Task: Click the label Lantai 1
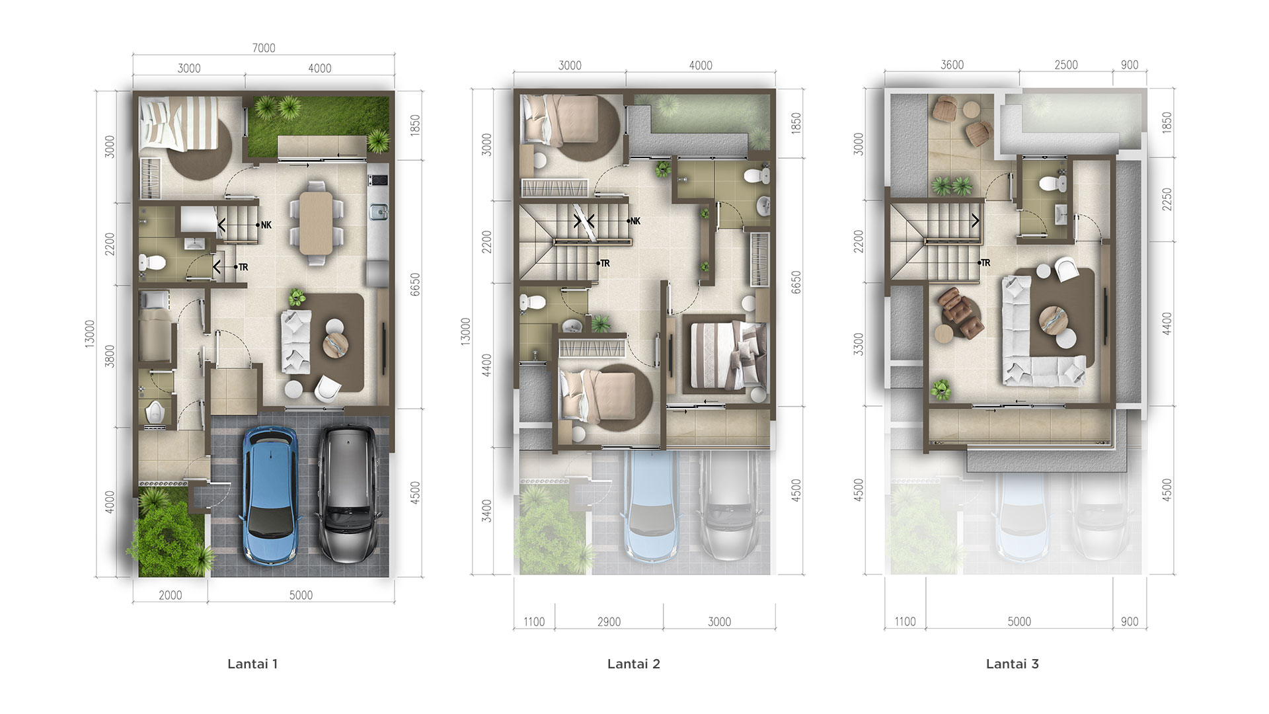tap(252, 664)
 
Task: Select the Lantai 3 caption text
tap(1012, 664)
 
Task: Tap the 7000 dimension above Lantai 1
tap(264, 48)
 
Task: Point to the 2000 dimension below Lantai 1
tap(170, 595)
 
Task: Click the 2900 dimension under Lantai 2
tap(609, 621)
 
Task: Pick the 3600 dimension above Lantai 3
tap(952, 65)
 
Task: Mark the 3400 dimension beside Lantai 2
tap(486, 511)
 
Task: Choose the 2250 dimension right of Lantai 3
tap(1167, 200)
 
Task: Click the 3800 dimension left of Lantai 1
tap(110, 356)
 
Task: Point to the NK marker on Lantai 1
tap(266, 225)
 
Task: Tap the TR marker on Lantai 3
tap(985, 262)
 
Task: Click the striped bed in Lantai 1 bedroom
tap(178, 123)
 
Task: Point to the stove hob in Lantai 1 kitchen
tap(379, 178)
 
